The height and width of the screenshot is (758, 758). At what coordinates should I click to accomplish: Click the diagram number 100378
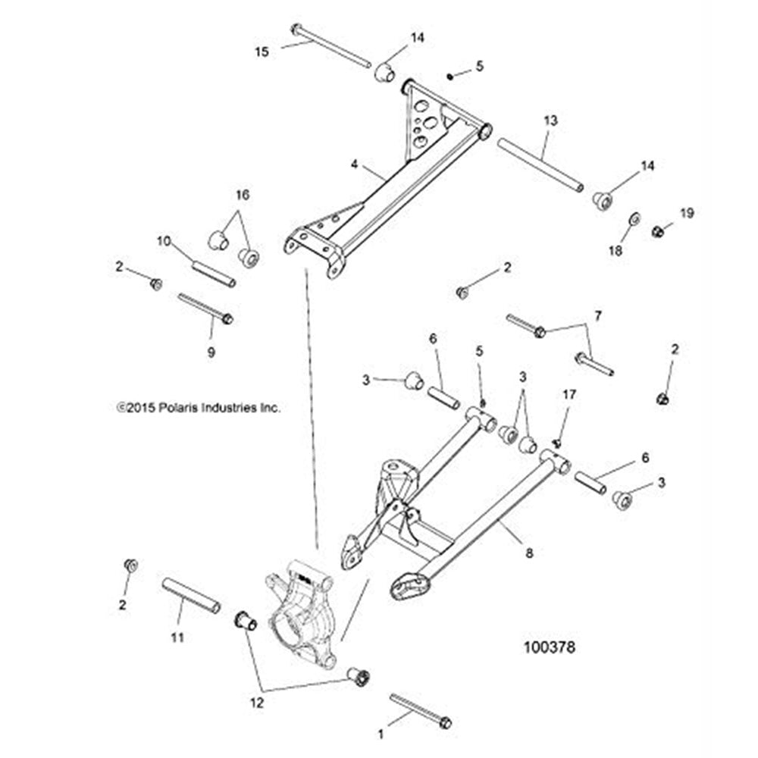point(550,648)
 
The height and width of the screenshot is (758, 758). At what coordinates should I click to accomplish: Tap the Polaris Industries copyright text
point(199,407)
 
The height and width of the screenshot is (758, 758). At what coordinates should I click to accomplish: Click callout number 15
point(262,52)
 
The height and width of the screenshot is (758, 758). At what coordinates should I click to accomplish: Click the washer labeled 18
point(634,219)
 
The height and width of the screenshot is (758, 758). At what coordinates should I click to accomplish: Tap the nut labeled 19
point(658,230)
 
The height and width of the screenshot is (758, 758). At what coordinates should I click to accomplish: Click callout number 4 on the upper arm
point(353,162)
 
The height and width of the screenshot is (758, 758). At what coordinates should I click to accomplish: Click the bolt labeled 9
point(205,308)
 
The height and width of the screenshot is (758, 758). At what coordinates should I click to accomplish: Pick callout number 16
point(242,195)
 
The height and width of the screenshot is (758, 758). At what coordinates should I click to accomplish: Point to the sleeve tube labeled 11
point(191,596)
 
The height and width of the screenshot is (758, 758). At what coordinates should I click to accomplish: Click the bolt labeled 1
point(420,710)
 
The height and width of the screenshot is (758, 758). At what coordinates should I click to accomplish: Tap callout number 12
point(257,703)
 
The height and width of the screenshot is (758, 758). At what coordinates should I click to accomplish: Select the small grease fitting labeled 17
point(556,442)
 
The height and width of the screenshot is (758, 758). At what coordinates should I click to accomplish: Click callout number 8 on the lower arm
point(529,553)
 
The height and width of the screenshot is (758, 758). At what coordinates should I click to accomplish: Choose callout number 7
point(597,315)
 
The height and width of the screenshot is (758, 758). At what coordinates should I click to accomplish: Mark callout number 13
point(551,121)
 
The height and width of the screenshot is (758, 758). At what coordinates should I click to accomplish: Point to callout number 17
point(569,394)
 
